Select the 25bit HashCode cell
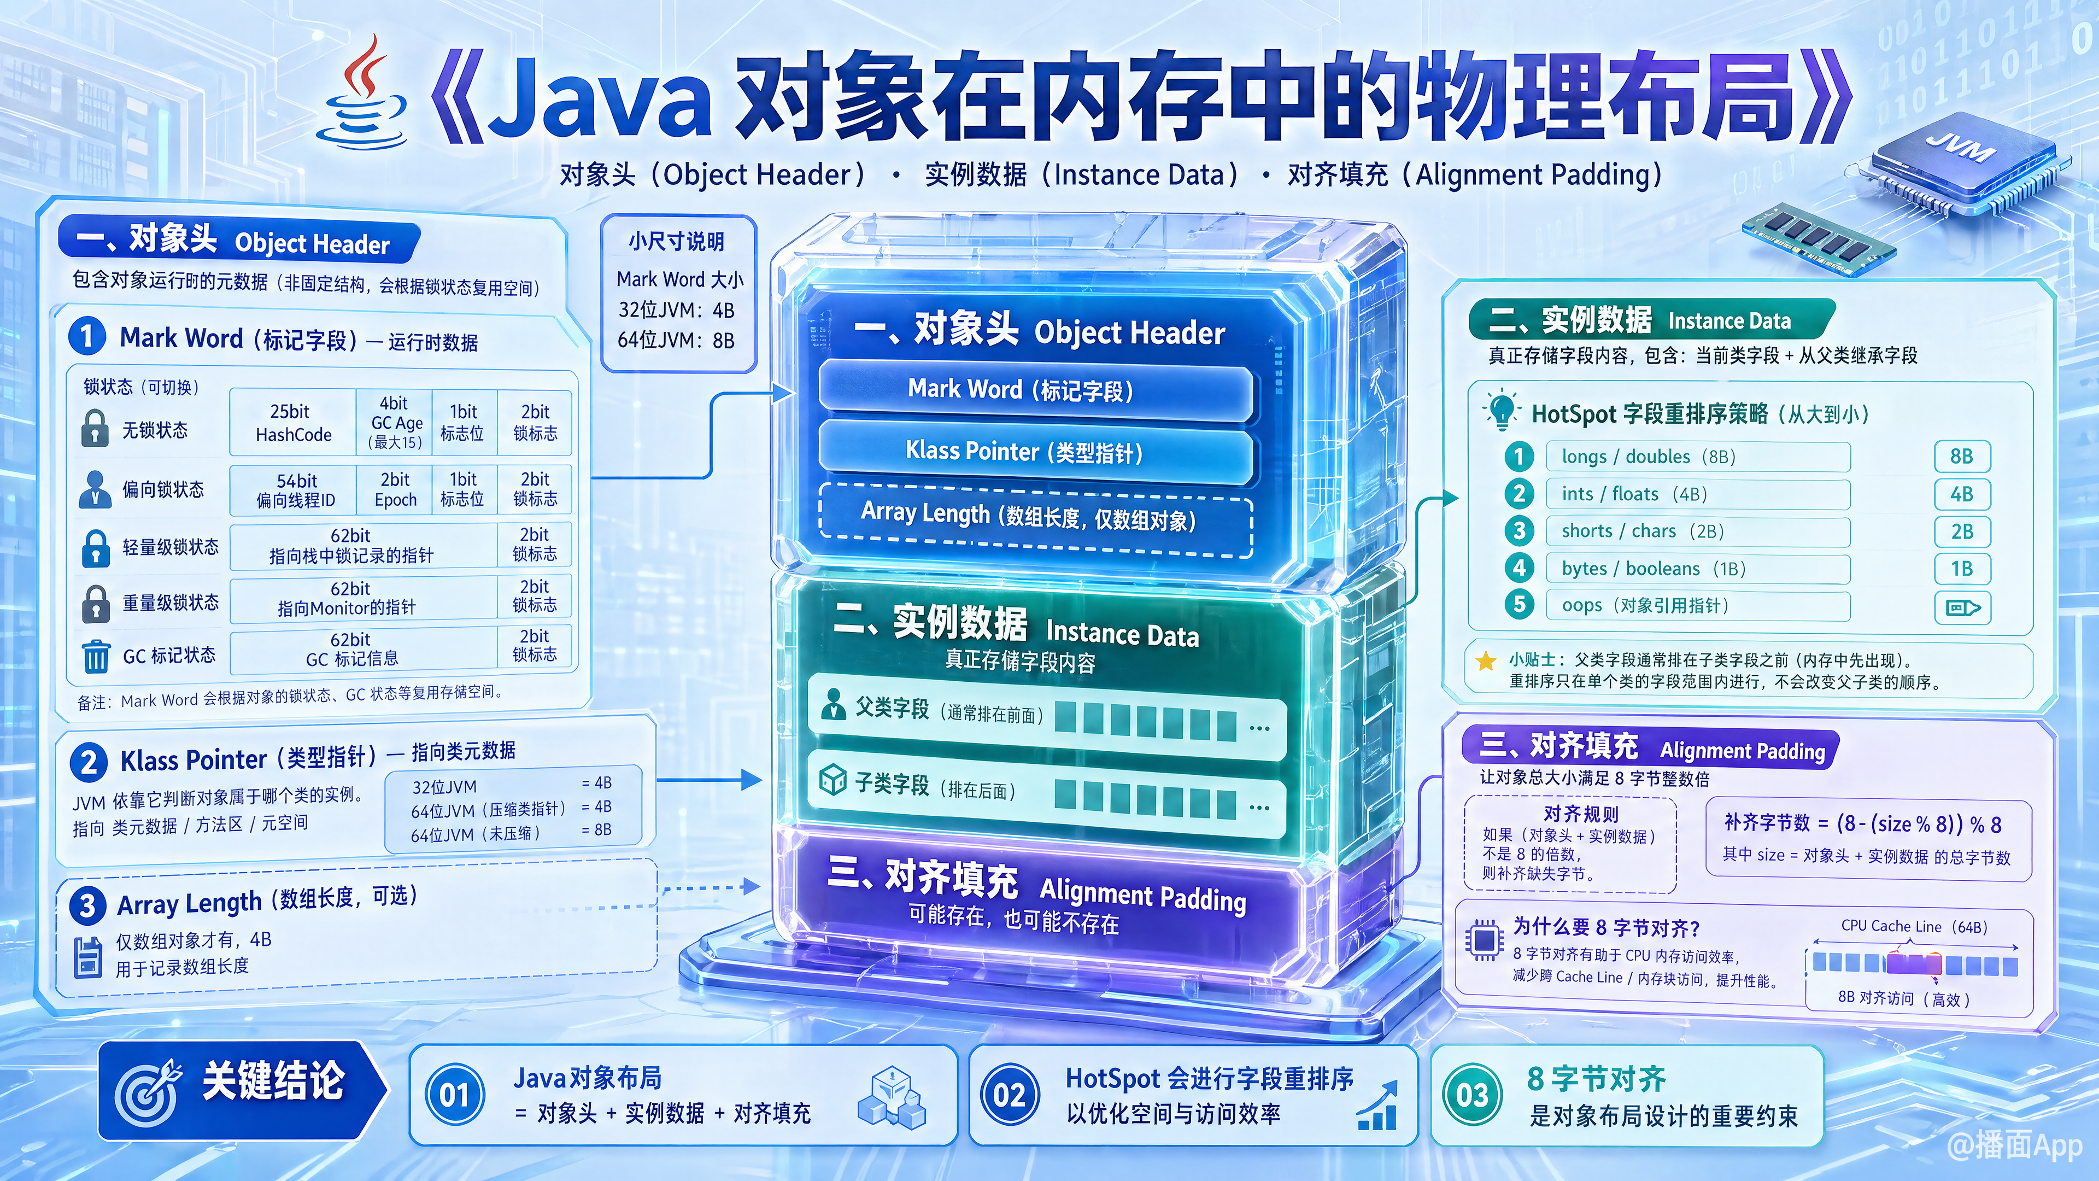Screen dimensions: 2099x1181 pyautogui.click(x=294, y=422)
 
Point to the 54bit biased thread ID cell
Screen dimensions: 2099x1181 pyautogui.click(x=295, y=490)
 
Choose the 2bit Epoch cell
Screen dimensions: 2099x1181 pyautogui.click(x=395, y=490)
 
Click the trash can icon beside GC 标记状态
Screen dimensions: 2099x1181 pyautogui.click(x=95, y=656)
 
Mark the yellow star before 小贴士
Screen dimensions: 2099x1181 pyautogui.click(x=1486, y=661)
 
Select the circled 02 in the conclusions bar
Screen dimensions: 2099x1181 pyautogui.click(x=1010, y=1095)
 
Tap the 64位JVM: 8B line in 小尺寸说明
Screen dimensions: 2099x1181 pyautogui.click(x=676, y=341)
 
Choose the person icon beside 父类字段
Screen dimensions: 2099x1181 pyautogui.click(x=832, y=704)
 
